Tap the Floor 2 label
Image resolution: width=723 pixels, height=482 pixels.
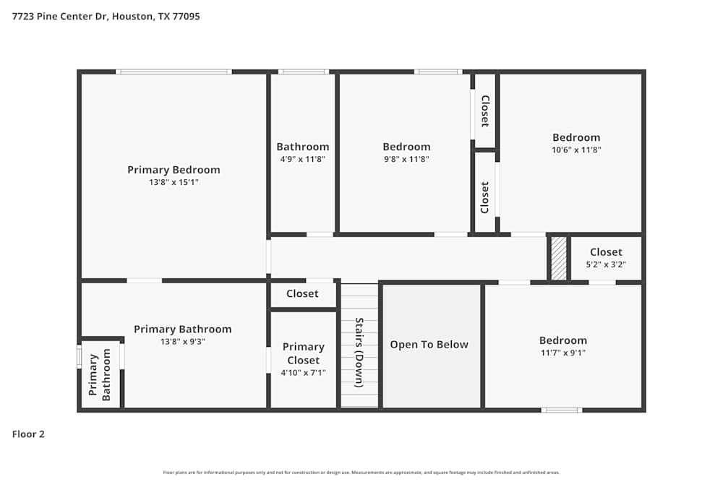(28, 434)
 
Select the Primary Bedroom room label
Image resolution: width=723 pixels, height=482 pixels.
(174, 170)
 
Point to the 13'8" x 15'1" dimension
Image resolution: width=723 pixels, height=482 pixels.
(174, 183)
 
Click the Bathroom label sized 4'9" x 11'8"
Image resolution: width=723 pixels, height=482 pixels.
(302, 147)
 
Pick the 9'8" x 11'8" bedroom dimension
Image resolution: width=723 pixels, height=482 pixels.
(406, 159)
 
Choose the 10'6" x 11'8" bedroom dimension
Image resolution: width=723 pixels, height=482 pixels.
(576, 150)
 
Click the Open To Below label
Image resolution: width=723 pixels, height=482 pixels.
(429, 345)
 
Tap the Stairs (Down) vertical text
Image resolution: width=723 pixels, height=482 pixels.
(359, 353)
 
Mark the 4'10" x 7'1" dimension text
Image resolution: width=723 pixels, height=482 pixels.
(303, 373)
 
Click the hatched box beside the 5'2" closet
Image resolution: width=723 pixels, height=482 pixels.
(559, 258)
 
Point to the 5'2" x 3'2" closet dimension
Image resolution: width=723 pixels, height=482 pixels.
(605, 264)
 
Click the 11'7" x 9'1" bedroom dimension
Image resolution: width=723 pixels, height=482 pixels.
(562, 353)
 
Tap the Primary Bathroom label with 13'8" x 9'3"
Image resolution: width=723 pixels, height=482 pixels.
(183, 330)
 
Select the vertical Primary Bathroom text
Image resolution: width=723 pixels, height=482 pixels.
(100, 374)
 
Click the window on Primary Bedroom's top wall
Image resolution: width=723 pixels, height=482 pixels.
(174, 72)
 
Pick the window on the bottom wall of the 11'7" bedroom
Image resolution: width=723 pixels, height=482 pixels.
(562, 410)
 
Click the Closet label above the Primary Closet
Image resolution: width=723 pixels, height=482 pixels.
(302, 294)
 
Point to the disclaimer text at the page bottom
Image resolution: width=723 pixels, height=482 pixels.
(361, 473)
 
